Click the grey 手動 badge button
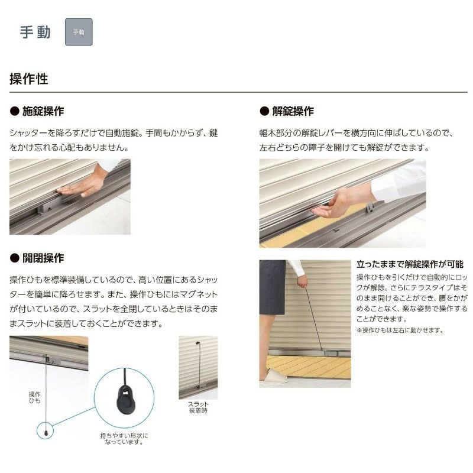79,32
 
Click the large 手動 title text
35,32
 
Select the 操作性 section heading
29,79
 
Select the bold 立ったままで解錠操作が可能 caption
410,264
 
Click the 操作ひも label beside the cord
35,397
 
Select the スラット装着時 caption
198,407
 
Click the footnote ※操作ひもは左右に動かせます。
400,331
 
